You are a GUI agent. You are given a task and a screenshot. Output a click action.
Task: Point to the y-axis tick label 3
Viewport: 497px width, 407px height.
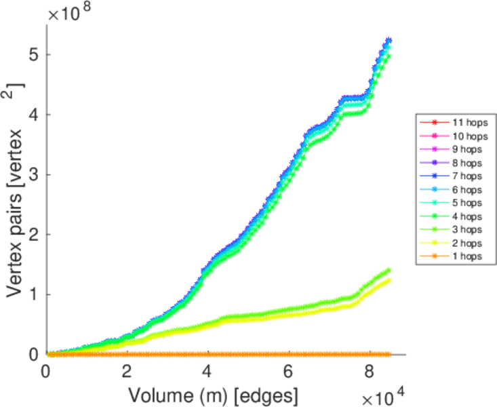(x=33, y=174)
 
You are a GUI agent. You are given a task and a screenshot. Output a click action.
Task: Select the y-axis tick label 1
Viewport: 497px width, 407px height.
(x=33, y=294)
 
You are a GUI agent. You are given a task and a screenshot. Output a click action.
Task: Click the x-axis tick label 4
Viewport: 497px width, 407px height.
(x=208, y=371)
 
